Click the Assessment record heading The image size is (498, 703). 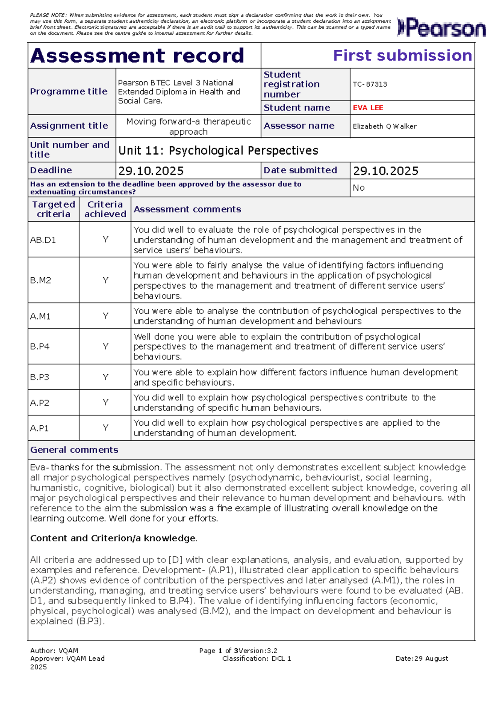137,56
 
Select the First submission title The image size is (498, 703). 402,56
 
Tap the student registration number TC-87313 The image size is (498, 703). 370,84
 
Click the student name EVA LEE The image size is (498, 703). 368,108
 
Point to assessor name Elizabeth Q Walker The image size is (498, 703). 384,126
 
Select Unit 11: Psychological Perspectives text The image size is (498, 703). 218,150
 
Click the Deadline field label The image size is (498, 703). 51,170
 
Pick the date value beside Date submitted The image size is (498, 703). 386,171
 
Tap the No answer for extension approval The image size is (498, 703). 358,188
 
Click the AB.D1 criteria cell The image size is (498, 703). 43,240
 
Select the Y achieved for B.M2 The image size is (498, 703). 105,280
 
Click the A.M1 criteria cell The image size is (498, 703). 40,316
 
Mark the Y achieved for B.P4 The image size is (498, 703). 105,347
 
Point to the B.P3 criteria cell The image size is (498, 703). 40,377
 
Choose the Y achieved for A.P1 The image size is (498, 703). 105,428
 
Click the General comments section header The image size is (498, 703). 74,450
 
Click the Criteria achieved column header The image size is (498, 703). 105,209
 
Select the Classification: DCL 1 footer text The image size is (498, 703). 256,658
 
